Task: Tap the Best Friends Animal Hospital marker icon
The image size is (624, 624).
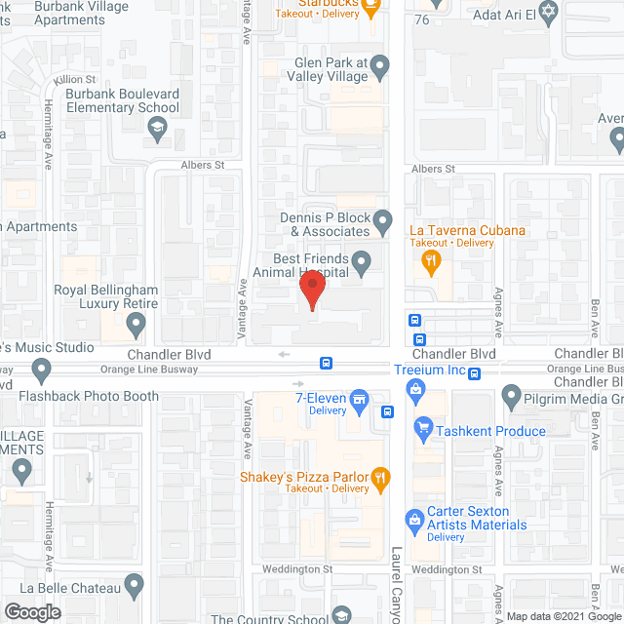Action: point(362,261)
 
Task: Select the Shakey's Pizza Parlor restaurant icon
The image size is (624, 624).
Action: point(382,478)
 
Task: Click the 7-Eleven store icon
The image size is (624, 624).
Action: point(359,398)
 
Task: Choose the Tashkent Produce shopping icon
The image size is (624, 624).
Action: point(423,426)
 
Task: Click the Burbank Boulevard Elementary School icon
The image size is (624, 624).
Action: point(156,127)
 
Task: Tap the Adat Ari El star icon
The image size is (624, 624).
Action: point(547,12)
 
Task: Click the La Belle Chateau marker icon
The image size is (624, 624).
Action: point(135,585)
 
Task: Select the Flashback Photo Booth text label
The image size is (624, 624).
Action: point(89,396)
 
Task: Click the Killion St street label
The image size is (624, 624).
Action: point(75,78)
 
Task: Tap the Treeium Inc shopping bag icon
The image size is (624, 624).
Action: point(416,390)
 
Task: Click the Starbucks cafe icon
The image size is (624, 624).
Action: point(370,8)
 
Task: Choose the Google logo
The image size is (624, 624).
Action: point(31,611)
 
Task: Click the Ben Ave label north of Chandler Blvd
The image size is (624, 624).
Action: point(594,320)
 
